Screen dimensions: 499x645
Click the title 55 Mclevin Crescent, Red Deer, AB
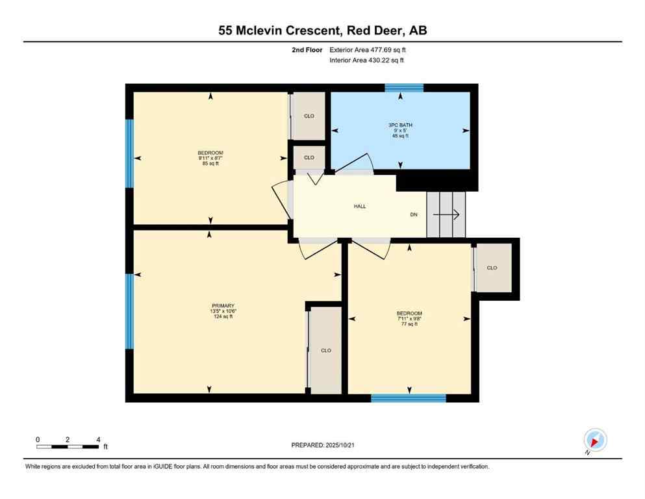pyautogui.click(x=322, y=30)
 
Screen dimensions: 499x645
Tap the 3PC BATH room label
pyautogui.click(x=400, y=125)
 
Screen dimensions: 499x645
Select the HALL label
pyautogui.click(x=359, y=206)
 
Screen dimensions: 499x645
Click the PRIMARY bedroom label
pyautogui.click(x=222, y=305)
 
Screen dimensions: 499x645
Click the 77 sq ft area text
pyautogui.click(x=409, y=324)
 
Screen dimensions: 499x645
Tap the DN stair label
pyautogui.click(x=414, y=214)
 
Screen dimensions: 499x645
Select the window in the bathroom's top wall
pyautogui.click(x=404, y=88)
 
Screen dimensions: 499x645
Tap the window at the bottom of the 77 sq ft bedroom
pyautogui.click(x=409, y=398)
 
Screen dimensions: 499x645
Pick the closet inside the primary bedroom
pyautogui.click(x=325, y=350)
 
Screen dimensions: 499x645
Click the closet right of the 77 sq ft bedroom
pyautogui.click(x=493, y=268)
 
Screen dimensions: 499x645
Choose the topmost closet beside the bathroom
pyautogui.click(x=309, y=116)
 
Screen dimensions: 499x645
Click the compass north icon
pyautogui.click(x=594, y=441)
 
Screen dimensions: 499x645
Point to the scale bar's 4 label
pyautogui.click(x=97, y=439)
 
